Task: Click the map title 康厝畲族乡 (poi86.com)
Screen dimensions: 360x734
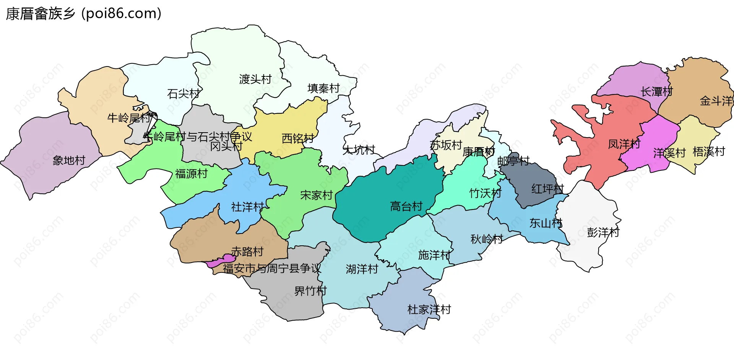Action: (83, 14)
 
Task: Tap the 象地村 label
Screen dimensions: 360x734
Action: (69, 160)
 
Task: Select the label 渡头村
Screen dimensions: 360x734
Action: (255, 79)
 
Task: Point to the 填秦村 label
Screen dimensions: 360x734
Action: (323, 88)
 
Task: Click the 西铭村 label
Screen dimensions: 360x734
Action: (298, 138)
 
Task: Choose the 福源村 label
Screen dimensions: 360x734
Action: (191, 174)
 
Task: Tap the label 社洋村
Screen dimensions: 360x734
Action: (247, 207)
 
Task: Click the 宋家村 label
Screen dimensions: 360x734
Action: (316, 195)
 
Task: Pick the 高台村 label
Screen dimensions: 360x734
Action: (406, 206)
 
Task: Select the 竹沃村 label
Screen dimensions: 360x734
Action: (485, 193)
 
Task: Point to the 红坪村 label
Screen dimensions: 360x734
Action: (547, 188)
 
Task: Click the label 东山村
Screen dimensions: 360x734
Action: (546, 223)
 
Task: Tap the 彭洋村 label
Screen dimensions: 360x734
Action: (603, 232)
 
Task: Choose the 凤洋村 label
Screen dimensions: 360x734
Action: (624, 144)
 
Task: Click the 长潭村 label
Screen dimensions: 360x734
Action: (656, 92)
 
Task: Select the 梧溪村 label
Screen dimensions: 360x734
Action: (708, 152)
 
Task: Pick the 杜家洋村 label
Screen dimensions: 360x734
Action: (429, 309)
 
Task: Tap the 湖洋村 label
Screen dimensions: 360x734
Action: (362, 269)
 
